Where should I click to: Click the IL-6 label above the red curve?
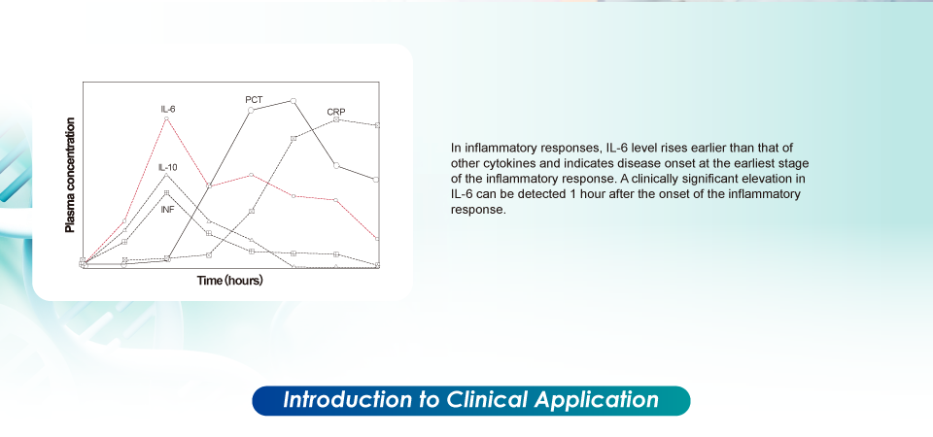pos(168,110)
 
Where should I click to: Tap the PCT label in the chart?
pos(254,100)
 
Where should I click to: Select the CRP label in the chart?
pos(336,112)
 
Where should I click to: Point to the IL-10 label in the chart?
pos(168,168)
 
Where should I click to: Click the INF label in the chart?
pos(168,210)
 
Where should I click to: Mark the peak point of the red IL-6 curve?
pos(166,118)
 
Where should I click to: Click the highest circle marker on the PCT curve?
pos(294,100)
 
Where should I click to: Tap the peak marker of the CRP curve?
pos(336,118)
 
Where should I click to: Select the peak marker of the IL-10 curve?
pos(166,174)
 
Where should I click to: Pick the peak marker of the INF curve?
pos(166,192)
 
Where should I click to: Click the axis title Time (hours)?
pos(229,281)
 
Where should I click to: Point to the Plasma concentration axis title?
pos(70,176)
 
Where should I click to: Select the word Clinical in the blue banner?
pos(487,399)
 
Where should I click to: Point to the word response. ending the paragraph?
pos(478,210)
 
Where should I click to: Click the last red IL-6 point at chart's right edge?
pos(378,239)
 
